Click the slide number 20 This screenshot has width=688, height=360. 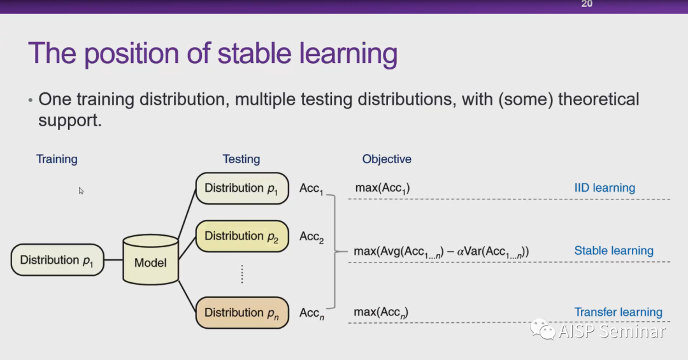click(x=587, y=4)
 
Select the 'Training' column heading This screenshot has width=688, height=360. click(x=57, y=159)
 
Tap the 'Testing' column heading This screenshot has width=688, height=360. click(x=241, y=159)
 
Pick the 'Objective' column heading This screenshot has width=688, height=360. click(x=387, y=159)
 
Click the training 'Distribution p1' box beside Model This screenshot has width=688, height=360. click(x=57, y=260)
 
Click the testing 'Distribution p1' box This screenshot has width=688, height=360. click(x=241, y=188)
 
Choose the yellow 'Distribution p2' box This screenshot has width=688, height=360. click(x=241, y=236)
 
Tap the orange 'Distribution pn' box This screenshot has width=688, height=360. click(x=241, y=313)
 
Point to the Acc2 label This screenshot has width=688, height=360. click(x=312, y=237)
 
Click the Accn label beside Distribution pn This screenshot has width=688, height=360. click(x=312, y=313)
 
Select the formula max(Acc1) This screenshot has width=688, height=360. click(x=382, y=188)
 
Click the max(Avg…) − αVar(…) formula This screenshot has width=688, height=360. click(x=441, y=252)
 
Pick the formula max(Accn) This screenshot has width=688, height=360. click(x=381, y=312)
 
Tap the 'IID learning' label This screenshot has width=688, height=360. click(x=605, y=188)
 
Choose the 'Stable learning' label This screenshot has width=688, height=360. click(x=613, y=250)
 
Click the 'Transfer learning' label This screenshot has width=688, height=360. click(x=618, y=312)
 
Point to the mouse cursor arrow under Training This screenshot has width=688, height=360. click(x=82, y=191)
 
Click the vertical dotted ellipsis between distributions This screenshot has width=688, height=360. click(x=242, y=274)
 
